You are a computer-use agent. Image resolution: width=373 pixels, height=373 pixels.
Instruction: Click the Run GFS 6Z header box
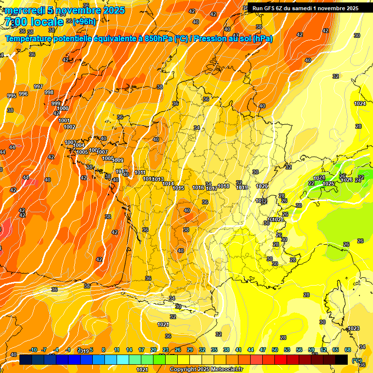click(x=305, y=8)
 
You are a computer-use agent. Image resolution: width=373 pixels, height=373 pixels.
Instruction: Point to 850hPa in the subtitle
click(x=158, y=39)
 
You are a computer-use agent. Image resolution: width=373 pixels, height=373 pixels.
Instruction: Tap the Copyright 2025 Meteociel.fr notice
click(x=206, y=369)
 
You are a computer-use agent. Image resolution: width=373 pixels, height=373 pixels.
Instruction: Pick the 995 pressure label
click(x=11, y=96)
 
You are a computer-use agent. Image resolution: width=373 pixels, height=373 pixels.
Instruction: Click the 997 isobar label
click(x=38, y=86)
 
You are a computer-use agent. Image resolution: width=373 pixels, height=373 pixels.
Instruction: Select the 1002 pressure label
click(x=69, y=127)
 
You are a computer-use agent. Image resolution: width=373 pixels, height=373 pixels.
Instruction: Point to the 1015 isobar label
click(x=178, y=188)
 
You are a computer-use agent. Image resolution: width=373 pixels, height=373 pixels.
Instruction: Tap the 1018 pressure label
click(x=223, y=186)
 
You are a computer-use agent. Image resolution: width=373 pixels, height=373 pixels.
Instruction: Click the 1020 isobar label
click(x=262, y=186)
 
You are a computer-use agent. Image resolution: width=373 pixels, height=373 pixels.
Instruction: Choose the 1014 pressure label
click(x=168, y=184)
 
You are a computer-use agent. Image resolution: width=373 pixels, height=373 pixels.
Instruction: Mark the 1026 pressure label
click(x=346, y=180)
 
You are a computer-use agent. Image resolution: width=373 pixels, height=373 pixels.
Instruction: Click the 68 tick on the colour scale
click(x=348, y=350)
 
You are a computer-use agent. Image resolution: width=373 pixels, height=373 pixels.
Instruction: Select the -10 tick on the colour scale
click(x=33, y=350)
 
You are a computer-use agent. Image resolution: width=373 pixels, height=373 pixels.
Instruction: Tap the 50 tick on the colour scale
click(x=275, y=350)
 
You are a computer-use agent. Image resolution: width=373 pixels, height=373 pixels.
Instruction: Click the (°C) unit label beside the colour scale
click(x=357, y=360)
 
